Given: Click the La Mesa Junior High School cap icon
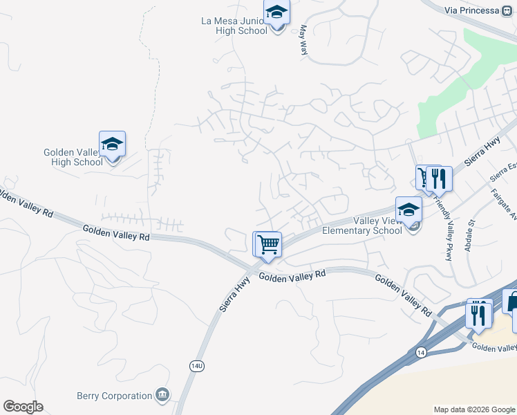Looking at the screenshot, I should click(276, 13).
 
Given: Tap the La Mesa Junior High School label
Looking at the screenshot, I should click(232, 26).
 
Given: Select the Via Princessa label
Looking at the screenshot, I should click(471, 10).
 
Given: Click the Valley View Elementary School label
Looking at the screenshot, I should click(362, 225).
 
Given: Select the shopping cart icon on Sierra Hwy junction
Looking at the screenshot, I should click(267, 243).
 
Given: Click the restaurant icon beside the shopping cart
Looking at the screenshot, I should click(439, 179).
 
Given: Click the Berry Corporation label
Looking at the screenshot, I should click(114, 396).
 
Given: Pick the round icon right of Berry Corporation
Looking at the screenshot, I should click(162, 395).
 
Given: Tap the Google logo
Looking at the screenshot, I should click(23, 407).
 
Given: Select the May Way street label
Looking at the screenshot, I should click(303, 40).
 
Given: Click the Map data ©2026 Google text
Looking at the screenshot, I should click(473, 409).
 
